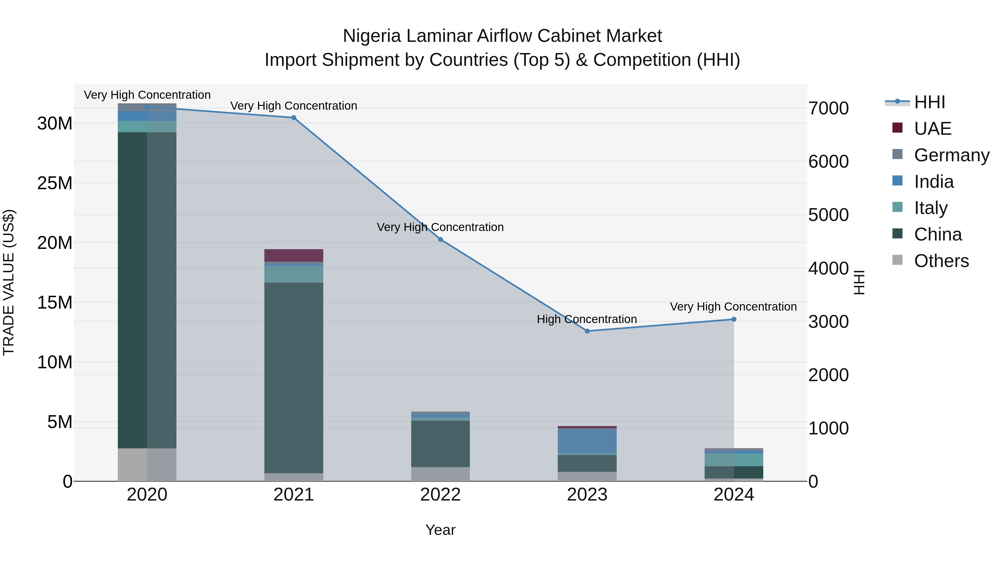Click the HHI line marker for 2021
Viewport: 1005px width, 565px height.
click(x=294, y=118)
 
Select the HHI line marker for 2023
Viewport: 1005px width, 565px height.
click(x=587, y=331)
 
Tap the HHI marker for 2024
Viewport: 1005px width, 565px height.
click(x=734, y=319)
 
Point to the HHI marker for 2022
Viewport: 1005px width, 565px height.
click(x=441, y=239)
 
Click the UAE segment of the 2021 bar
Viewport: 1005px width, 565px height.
click(x=294, y=255)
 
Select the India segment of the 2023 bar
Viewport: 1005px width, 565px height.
click(x=587, y=441)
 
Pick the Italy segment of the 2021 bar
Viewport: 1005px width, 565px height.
click(x=294, y=274)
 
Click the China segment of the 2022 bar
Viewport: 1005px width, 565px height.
click(x=441, y=444)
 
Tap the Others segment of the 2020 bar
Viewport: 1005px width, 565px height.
click(x=147, y=465)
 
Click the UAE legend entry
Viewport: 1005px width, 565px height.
click(x=932, y=128)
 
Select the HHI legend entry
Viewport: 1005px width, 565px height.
click(x=929, y=102)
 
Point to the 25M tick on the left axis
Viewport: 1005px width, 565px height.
click(x=55, y=183)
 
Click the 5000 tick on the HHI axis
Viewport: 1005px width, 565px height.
click(x=828, y=215)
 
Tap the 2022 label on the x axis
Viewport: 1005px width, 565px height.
click(x=441, y=495)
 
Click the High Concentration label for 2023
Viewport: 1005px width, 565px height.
click(x=587, y=319)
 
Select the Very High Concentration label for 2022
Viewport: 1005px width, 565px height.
click(x=440, y=227)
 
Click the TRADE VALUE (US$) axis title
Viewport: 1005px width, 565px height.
click(x=9, y=282)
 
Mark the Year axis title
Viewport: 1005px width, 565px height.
click(x=441, y=530)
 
